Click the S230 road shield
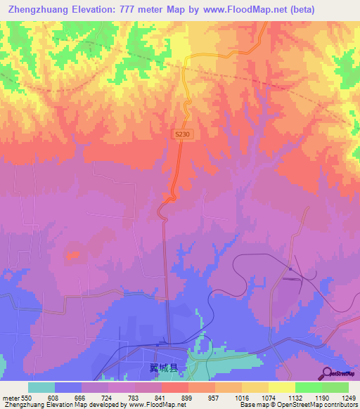coord(183,133)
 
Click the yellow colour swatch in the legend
coord(281,387)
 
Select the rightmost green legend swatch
coord(335,387)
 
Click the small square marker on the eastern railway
coord(290,268)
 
